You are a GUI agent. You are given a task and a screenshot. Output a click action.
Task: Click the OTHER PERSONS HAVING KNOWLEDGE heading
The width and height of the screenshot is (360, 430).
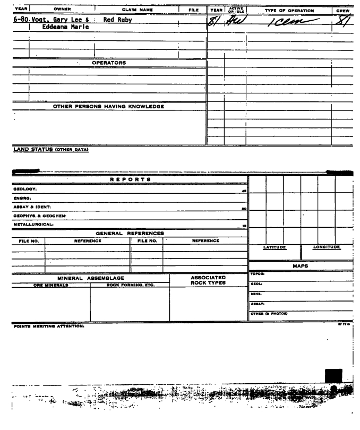coord(108,106)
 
